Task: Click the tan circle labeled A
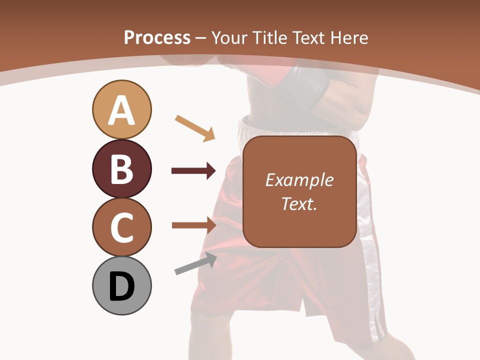coord(121,109)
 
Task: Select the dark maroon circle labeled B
coord(121,168)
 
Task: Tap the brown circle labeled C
coord(121,227)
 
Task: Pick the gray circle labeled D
coord(121,286)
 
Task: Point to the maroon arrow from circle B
coord(193,171)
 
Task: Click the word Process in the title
coord(157,37)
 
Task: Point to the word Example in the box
coord(299,180)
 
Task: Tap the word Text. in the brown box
coord(299,203)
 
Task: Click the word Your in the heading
coord(230,37)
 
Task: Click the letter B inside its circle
coord(121,169)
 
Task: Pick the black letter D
coord(121,286)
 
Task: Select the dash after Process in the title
coord(201,38)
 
